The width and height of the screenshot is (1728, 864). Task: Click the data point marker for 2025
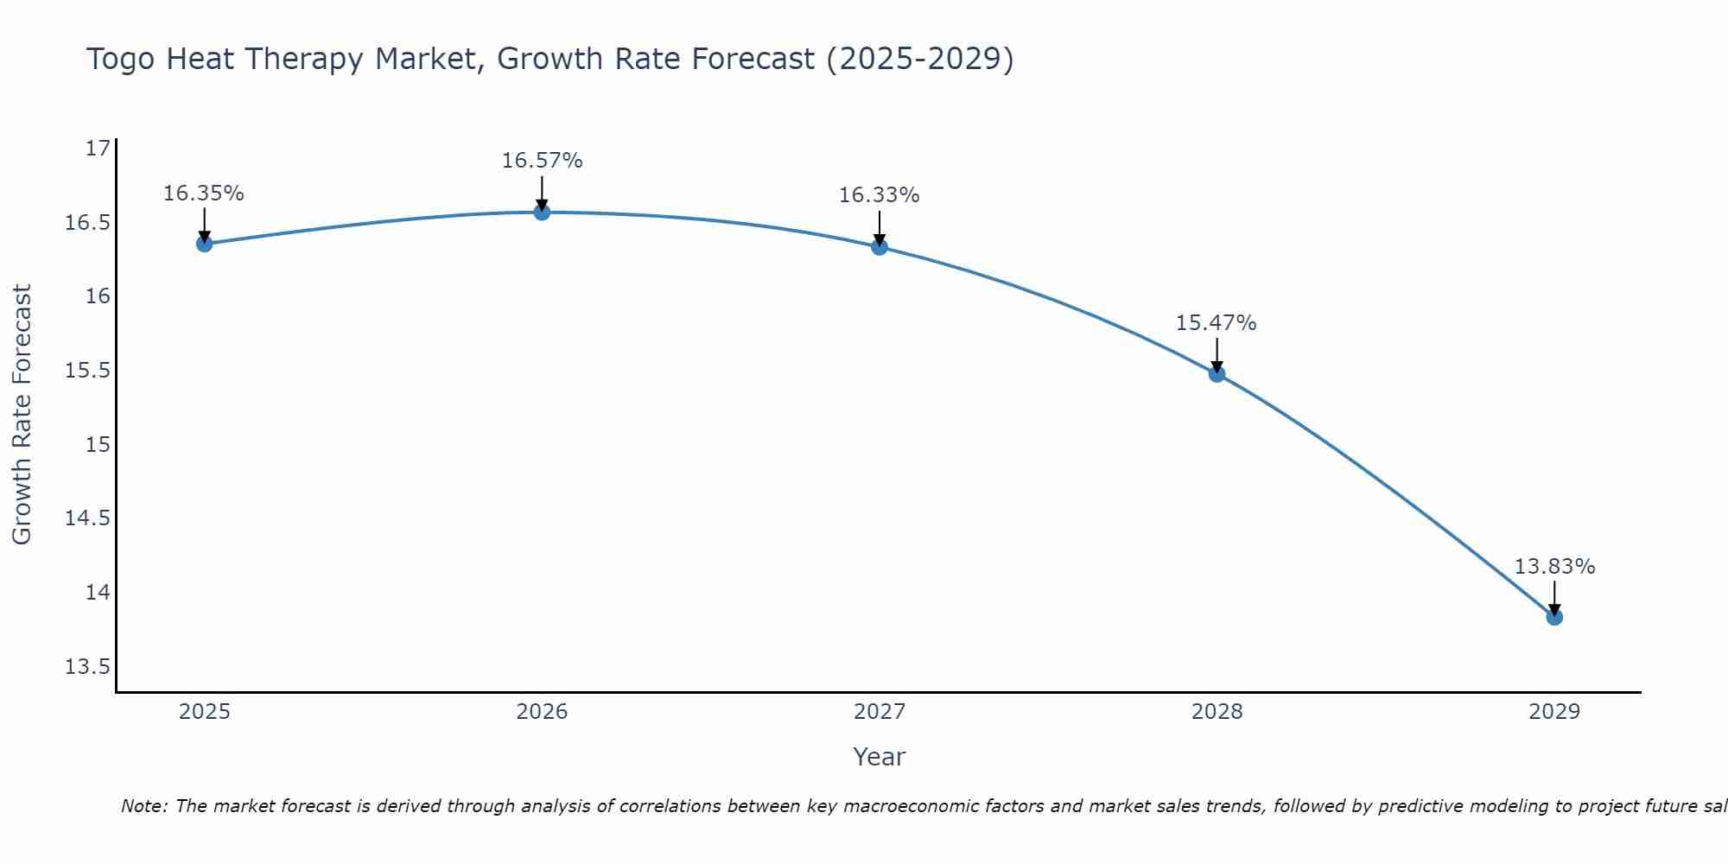[204, 244]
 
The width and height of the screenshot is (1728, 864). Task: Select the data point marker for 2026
[542, 212]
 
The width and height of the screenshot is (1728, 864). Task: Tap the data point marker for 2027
[880, 247]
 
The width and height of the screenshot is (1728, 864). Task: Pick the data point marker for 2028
[1217, 374]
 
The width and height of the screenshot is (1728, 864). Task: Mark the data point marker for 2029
[1554, 617]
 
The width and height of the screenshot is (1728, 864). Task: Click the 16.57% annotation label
[542, 161]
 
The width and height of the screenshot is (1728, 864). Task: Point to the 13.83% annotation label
[1554, 567]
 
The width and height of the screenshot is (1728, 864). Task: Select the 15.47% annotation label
[1216, 323]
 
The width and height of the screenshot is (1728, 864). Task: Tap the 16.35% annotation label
[204, 194]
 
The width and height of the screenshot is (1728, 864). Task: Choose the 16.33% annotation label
[879, 195]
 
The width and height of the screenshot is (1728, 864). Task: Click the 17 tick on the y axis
[98, 149]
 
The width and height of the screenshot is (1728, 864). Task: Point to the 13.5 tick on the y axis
[88, 667]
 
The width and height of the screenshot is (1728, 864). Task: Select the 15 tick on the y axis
[98, 445]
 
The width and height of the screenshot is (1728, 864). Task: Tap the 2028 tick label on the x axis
[1217, 712]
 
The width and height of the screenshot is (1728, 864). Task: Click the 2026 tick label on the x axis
[542, 712]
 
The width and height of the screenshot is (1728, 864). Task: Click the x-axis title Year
[879, 757]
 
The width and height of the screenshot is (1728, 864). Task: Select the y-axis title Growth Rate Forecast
[22, 415]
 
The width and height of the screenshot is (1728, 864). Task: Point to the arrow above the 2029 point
[1554, 598]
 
